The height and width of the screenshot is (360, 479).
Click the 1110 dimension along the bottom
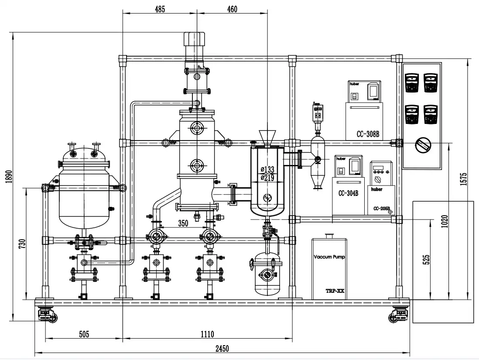tap(207, 334)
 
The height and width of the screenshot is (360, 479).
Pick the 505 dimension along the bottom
tap(84, 334)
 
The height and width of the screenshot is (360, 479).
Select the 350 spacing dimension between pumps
tap(183, 223)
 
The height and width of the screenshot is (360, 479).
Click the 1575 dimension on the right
tap(463, 179)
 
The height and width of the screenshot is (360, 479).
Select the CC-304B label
tap(348, 193)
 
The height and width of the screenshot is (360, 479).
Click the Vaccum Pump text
tap(329, 257)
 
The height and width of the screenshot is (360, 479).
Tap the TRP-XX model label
tap(335, 291)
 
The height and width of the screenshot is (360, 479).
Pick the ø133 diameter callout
tap(267, 169)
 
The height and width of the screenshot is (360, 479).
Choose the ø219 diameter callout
tap(267, 177)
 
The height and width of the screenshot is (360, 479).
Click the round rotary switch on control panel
tap(422, 145)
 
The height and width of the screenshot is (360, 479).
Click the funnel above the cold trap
tap(265, 137)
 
